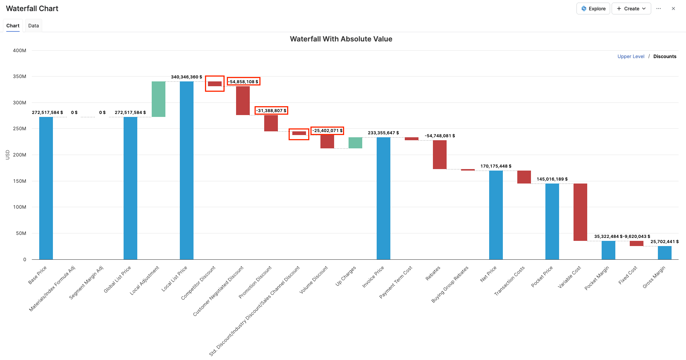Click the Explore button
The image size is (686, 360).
click(x=593, y=9)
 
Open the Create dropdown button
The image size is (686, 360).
click(x=631, y=9)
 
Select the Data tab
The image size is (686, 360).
click(x=33, y=26)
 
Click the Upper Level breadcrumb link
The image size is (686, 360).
click(x=630, y=56)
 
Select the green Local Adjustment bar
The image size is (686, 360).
click(x=158, y=99)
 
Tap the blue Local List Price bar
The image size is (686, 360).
click(x=186, y=170)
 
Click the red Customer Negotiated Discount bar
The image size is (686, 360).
click(x=243, y=101)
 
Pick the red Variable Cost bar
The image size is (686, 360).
click(x=580, y=212)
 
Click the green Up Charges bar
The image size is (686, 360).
click(x=355, y=143)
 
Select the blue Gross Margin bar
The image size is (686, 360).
click(x=665, y=253)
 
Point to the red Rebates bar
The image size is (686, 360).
click(x=440, y=155)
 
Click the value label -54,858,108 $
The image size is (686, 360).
click(x=243, y=81)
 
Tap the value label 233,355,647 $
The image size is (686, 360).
click(x=383, y=133)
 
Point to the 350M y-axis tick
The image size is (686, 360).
click(x=20, y=77)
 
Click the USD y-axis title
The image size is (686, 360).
click(x=7, y=155)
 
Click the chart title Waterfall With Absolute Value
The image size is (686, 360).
click(x=341, y=39)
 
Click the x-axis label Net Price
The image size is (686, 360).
click(x=488, y=274)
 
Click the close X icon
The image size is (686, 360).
click(x=673, y=9)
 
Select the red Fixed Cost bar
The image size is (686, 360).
click(x=636, y=243)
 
